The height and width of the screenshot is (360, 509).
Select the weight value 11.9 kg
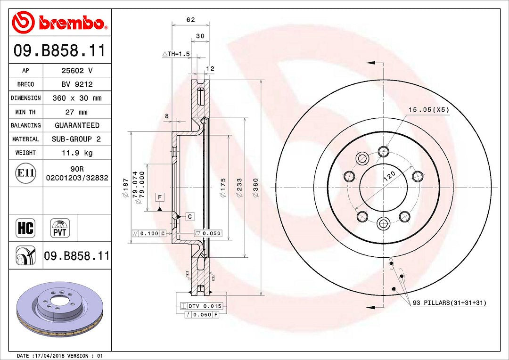coord(77,153)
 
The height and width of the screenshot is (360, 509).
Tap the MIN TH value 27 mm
coord(77,112)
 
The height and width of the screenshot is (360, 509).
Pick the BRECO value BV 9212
coord(77,84)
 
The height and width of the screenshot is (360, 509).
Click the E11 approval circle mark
coord(25,173)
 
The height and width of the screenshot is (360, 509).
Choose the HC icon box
coord(25,228)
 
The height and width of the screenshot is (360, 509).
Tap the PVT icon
coord(60,228)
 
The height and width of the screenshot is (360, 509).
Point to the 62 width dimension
coord(190,19)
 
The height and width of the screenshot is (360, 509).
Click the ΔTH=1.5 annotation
coord(176,54)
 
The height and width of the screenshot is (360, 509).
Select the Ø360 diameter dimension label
coord(255,188)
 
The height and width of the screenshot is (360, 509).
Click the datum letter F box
coord(160,197)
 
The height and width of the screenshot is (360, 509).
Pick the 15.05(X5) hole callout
coord(428,110)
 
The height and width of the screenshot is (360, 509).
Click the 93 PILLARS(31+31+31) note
coord(450,303)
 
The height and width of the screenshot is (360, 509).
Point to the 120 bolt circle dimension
coord(390,176)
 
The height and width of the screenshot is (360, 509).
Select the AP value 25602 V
coord(77,70)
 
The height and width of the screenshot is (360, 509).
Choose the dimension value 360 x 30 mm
coord(77,98)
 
